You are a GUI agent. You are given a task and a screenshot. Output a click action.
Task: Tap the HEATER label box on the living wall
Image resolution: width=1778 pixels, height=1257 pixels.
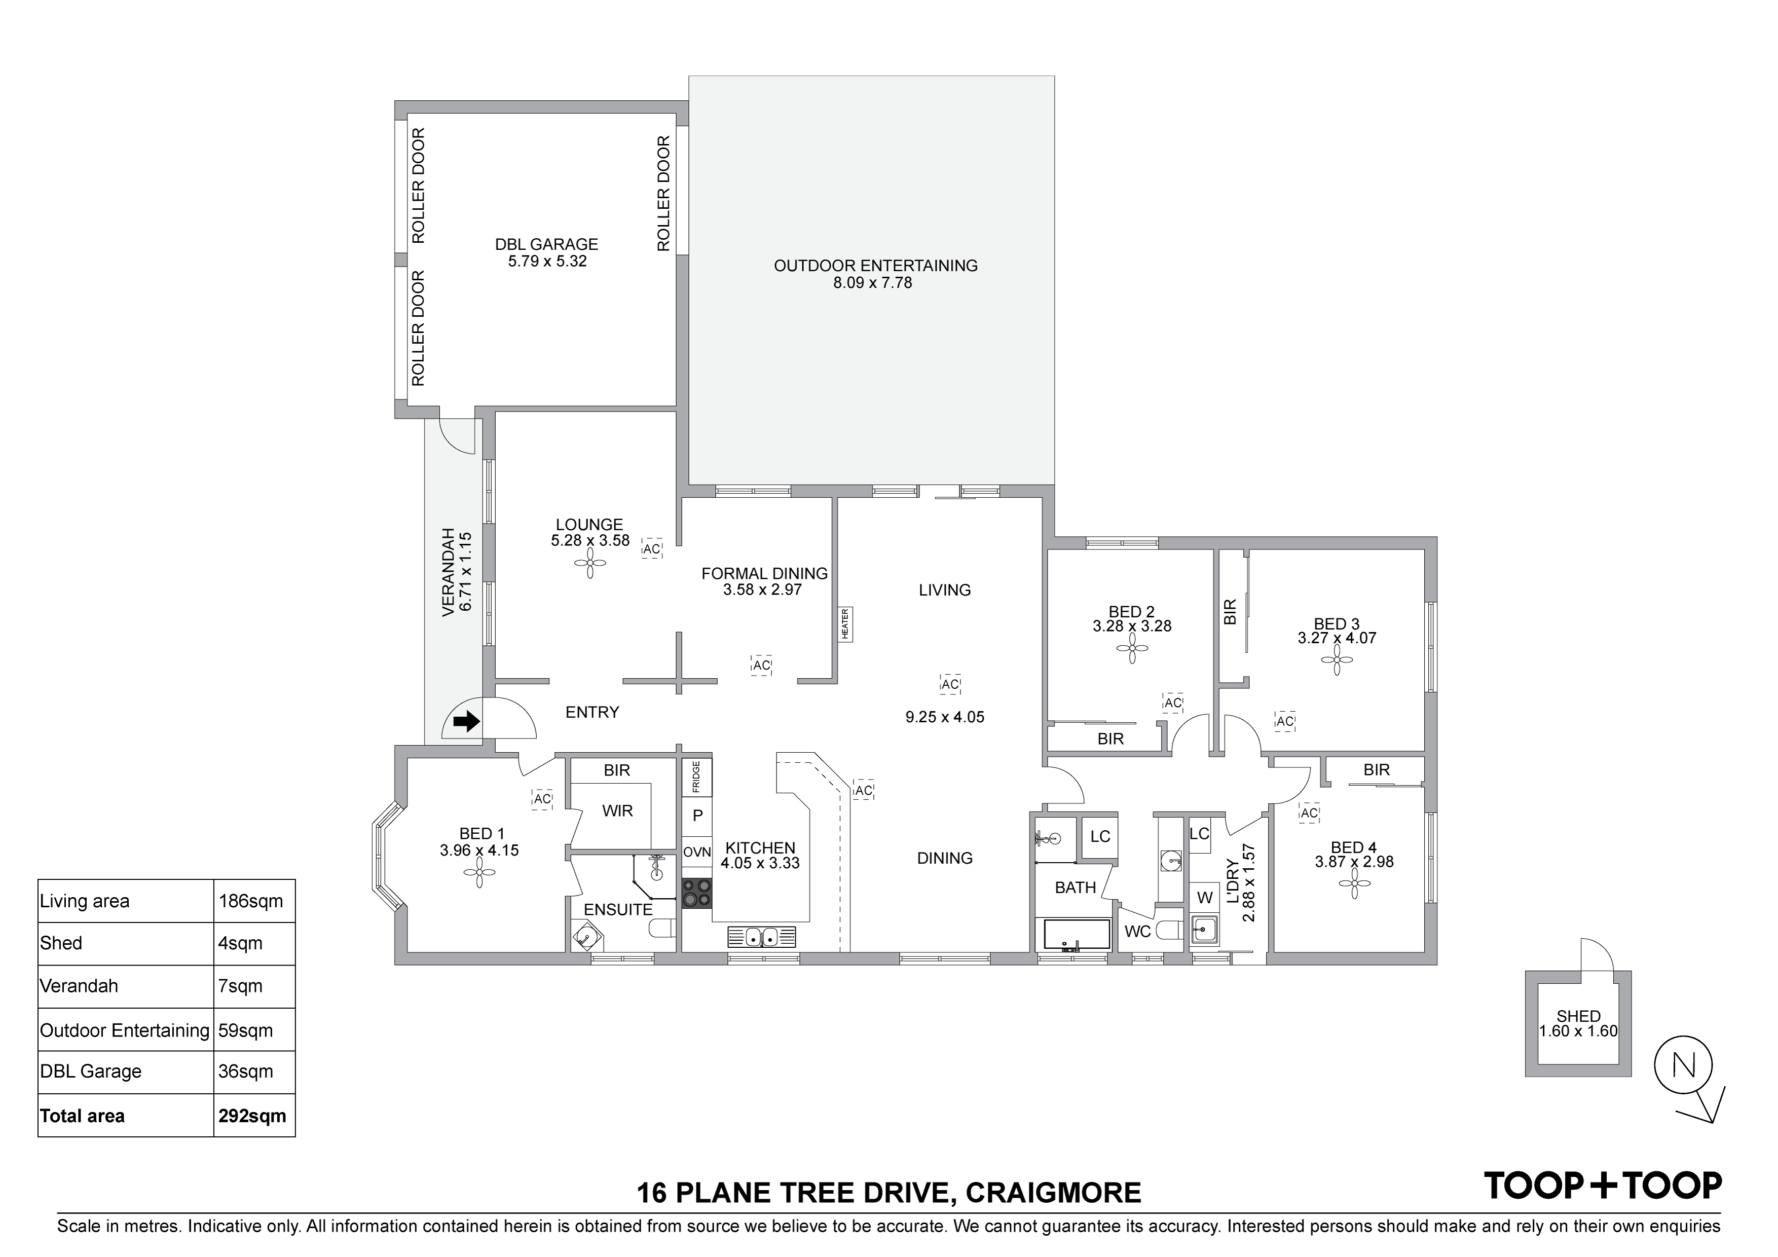[845, 623]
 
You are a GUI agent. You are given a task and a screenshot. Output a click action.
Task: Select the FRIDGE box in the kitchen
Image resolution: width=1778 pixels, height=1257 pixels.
[696, 777]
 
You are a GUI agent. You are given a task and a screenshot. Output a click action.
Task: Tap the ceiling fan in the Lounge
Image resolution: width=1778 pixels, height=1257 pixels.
[590, 563]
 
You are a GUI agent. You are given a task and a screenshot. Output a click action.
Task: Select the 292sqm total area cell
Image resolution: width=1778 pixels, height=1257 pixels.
[252, 1116]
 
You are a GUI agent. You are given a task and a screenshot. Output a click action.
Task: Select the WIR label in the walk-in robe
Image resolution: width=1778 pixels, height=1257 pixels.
[617, 811]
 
